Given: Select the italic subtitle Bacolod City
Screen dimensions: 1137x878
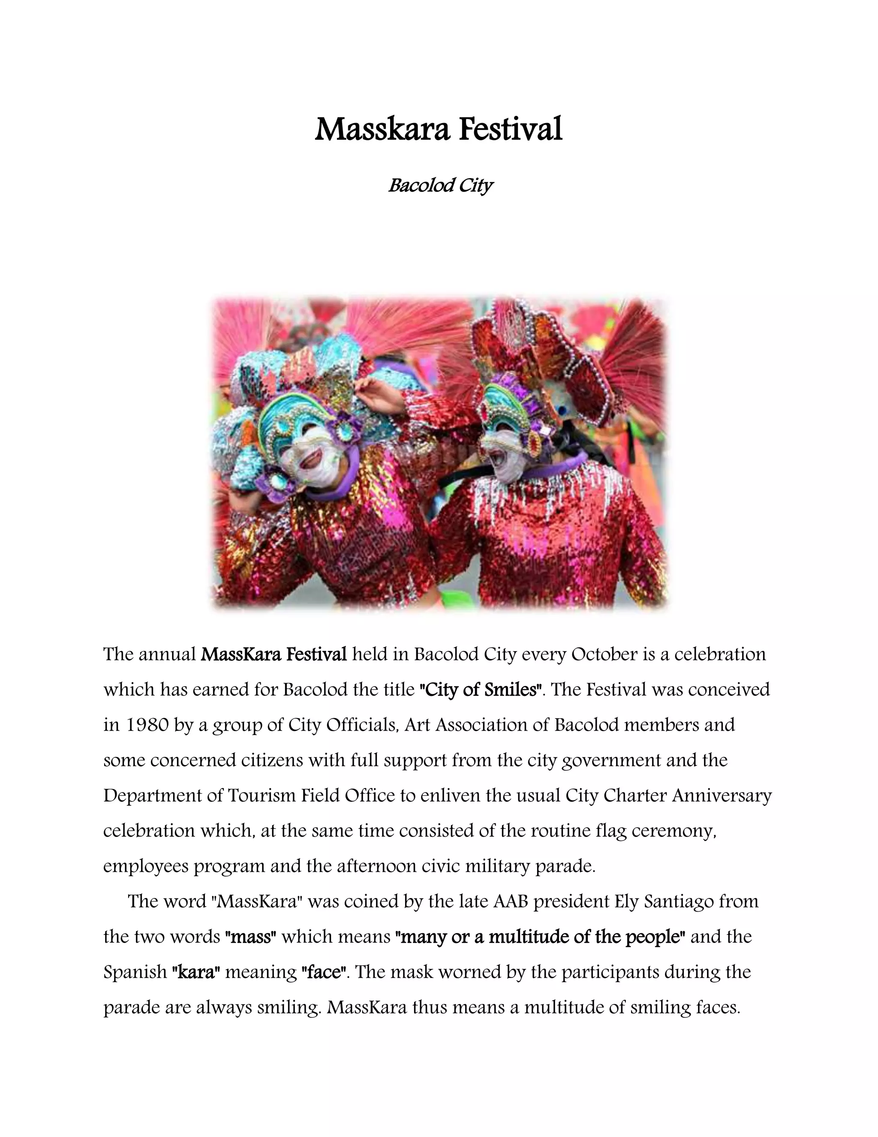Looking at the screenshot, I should point(440,185).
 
